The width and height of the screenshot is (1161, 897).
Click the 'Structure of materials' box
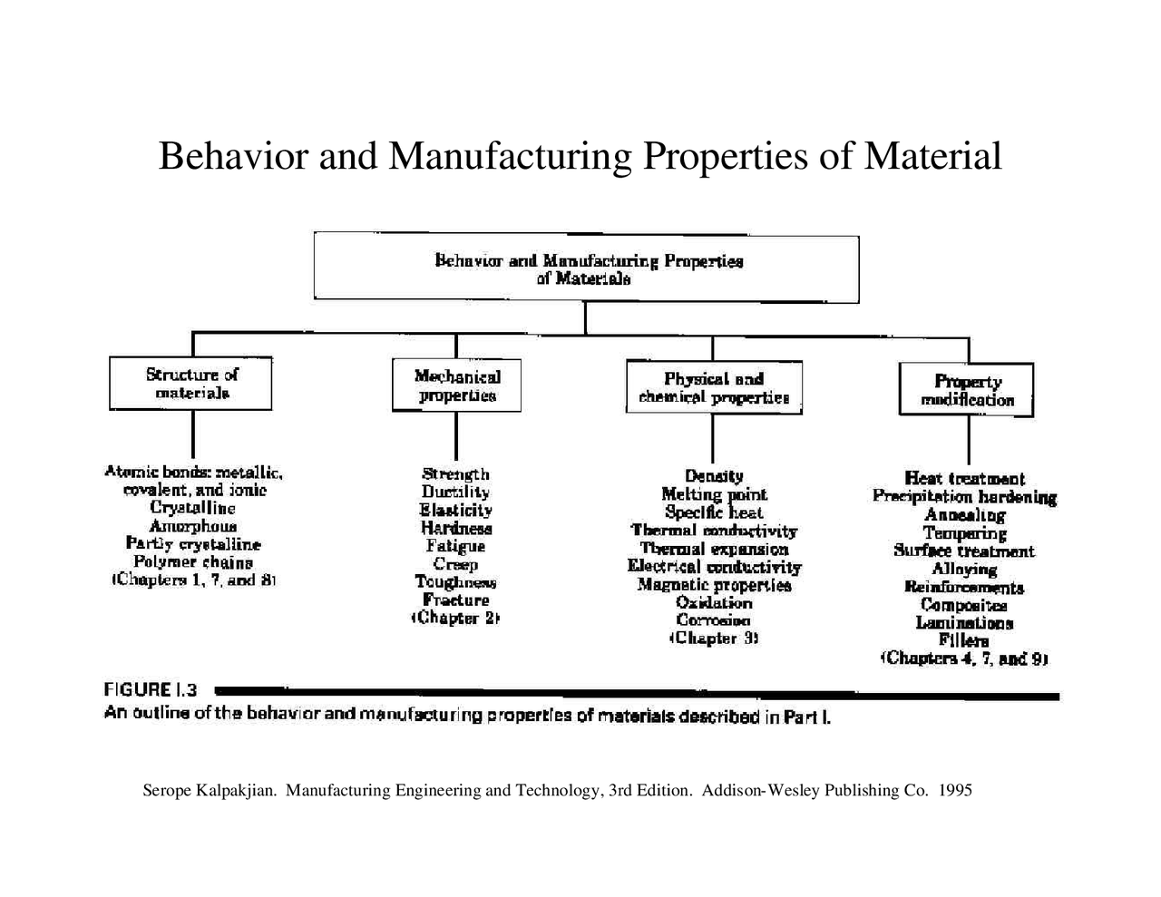tap(190, 384)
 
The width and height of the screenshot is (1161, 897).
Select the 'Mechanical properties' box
tap(456, 386)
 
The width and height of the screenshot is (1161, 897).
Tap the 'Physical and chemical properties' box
tap(714, 388)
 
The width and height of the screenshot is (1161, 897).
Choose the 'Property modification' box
tap(967, 391)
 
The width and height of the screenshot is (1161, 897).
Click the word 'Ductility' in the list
tap(455, 492)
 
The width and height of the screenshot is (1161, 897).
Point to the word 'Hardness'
tap(455, 528)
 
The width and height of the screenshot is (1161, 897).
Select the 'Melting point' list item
tap(714, 494)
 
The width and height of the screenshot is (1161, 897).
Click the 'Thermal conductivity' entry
tap(714, 531)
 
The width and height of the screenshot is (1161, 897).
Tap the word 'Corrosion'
tap(714, 620)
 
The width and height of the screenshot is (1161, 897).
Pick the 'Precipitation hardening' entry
tap(964, 497)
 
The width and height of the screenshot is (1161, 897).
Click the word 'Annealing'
tap(964, 515)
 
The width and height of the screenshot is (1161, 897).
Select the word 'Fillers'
tap(964, 641)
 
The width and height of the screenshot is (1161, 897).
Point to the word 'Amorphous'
tap(193, 526)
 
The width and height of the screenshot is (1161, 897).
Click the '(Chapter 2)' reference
tap(455, 619)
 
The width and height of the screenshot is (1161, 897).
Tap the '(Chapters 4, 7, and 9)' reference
tap(964, 659)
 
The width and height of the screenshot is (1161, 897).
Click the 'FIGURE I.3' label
tap(151, 691)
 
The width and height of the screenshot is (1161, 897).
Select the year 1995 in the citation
tap(955, 791)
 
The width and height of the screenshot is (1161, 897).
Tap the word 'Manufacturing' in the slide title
tap(510, 156)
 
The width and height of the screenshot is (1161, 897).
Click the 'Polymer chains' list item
tap(193, 562)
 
